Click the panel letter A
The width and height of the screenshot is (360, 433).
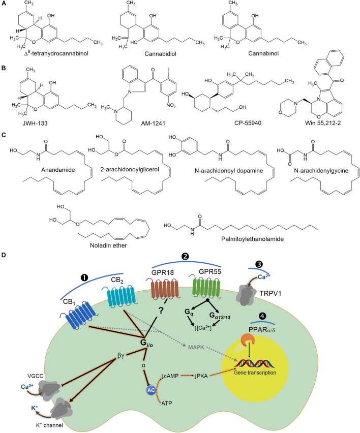tap(5, 4)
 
